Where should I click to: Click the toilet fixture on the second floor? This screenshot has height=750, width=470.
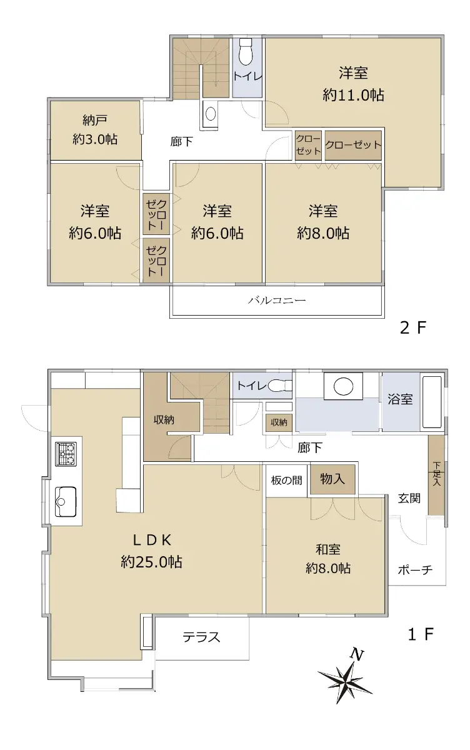246,52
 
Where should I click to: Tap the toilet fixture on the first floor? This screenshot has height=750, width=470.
280,386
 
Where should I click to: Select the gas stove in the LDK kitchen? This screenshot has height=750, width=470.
66,454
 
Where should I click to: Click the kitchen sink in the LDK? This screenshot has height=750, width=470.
66,501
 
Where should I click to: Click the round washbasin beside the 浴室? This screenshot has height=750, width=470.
344,386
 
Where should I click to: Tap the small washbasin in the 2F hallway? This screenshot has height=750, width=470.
210,113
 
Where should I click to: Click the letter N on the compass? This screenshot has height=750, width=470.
357,654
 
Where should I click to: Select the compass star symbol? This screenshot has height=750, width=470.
345,681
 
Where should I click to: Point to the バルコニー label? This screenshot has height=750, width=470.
277,299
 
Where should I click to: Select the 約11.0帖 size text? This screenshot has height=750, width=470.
353,95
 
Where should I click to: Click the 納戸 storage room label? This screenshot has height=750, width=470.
95,120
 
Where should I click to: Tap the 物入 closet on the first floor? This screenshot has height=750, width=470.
332,479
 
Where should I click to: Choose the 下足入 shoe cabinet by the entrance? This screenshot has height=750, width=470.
436,474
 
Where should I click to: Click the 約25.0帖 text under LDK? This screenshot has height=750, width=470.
152,561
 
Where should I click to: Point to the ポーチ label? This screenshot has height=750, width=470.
415,569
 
